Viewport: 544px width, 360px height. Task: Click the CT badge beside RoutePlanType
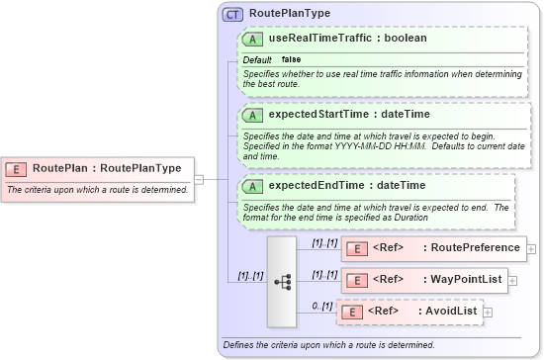coord(233,14)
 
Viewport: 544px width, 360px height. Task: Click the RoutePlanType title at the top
coord(290,14)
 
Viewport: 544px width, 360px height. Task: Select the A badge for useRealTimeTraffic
coord(252,39)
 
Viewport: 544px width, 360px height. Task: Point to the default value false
coord(292,60)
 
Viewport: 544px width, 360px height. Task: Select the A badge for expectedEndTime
coord(252,185)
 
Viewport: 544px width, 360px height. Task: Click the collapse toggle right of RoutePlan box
coord(199,179)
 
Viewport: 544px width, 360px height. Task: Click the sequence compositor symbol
coord(282,280)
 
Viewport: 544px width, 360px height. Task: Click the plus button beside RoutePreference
coord(532,248)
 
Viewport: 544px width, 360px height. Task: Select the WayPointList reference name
coord(462,280)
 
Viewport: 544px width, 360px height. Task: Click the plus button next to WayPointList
coord(515,281)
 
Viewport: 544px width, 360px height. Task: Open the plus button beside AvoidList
coord(487,313)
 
